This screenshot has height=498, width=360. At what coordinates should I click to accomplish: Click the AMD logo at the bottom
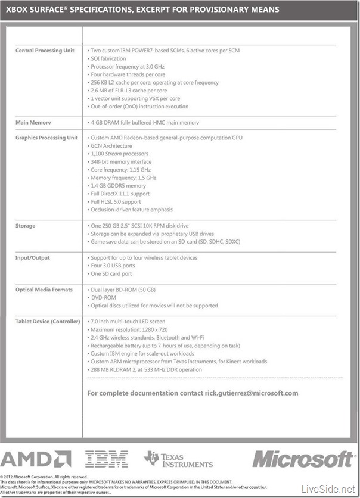36,458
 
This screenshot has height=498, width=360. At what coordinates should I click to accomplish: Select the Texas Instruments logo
179,458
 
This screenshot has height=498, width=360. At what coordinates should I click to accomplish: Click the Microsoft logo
303,458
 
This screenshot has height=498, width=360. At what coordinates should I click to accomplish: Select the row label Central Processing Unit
45,51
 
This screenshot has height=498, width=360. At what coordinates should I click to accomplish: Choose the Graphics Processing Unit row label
46,138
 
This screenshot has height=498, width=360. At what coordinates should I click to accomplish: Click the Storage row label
25,226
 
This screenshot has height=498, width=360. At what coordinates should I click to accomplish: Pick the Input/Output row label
32,258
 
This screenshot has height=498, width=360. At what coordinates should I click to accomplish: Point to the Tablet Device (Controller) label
48,322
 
